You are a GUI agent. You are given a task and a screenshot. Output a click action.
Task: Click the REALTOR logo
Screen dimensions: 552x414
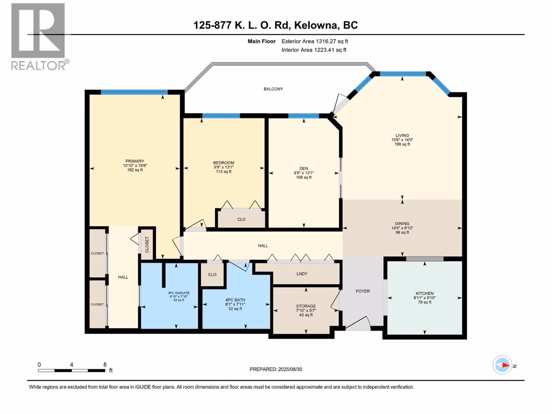pyautogui.click(x=40, y=37)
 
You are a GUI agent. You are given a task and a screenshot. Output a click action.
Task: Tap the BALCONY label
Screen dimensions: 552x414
pyautogui.click(x=273, y=89)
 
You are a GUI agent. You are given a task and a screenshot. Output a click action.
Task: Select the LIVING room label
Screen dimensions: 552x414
pyautogui.click(x=402, y=135)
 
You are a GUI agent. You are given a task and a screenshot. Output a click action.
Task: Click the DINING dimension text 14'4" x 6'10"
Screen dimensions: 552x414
pyautogui.click(x=402, y=228)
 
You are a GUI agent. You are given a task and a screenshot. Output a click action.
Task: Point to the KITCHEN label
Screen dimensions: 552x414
pyautogui.click(x=424, y=293)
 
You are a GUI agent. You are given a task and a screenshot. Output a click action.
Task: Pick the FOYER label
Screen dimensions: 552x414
pyautogui.click(x=363, y=291)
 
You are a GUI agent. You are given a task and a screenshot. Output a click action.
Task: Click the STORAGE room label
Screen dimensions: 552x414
pyautogui.click(x=306, y=306)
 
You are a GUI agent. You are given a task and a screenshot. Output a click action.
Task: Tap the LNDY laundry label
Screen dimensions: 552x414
pyautogui.click(x=302, y=274)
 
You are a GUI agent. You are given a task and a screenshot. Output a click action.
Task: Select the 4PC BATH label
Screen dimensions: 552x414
pyautogui.click(x=235, y=300)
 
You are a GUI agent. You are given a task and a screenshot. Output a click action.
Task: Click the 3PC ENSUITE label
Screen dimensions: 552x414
pyautogui.click(x=179, y=293)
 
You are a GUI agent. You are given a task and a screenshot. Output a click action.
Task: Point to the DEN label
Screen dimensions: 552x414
pyautogui.click(x=304, y=168)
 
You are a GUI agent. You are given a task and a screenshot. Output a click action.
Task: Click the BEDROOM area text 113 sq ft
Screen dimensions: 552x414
pyautogui.click(x=224, y=172)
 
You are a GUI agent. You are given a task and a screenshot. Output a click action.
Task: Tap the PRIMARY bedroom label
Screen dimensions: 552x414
pyautogui.click(x=135, y=161)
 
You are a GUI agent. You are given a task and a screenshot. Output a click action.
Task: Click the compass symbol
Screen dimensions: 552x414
pyautogui.click(x=502, y=365)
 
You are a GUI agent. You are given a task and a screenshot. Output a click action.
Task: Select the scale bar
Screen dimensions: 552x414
pyautogui.click(x=72, y=371)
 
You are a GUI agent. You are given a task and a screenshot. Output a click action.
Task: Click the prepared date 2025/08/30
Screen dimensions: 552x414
pyautogui.click(x=290, y=369)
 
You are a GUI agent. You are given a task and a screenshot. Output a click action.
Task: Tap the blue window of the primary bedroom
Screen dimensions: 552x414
pyautogui.click(x=134, y=92)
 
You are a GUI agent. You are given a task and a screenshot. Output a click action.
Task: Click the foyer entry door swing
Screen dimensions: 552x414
pyautogui.click(x=358, y=323)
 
